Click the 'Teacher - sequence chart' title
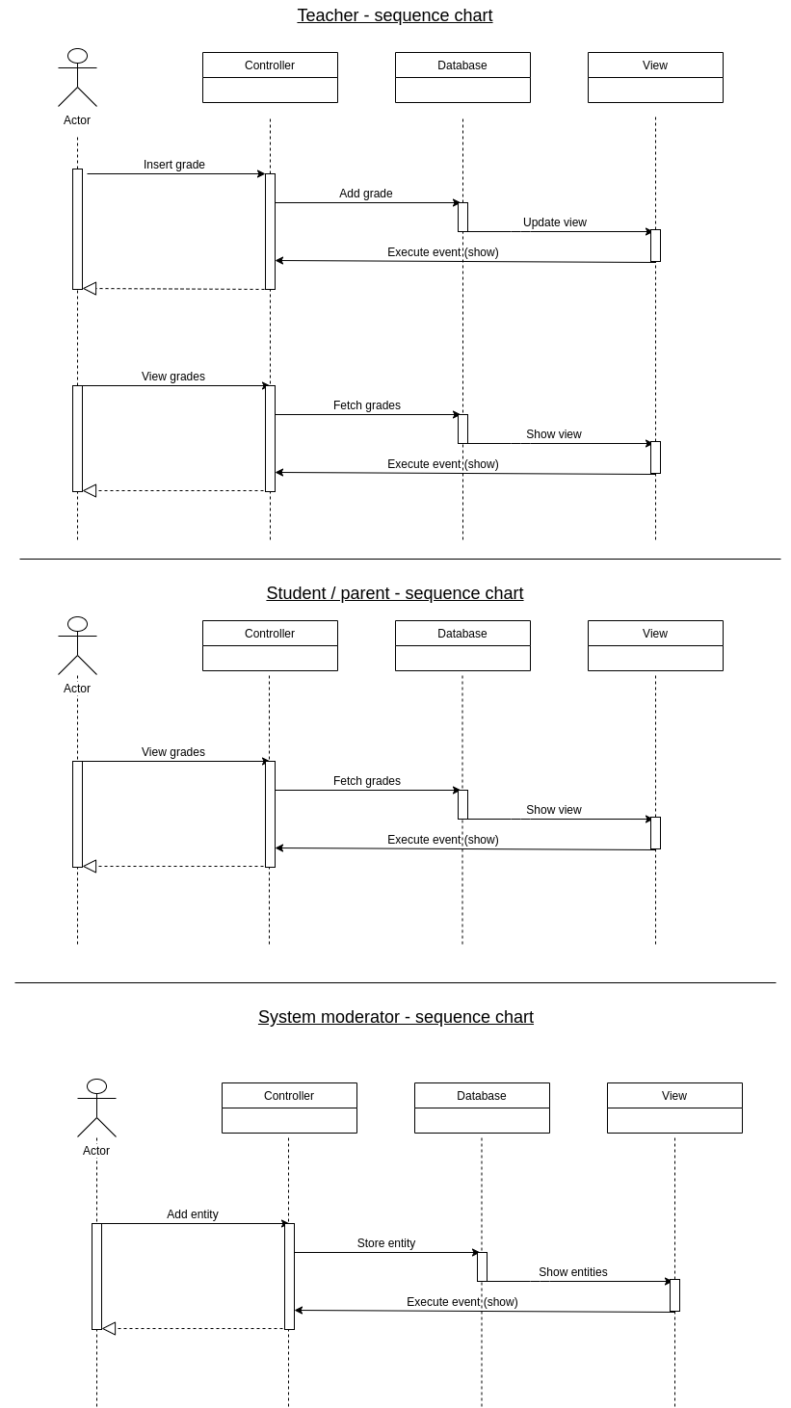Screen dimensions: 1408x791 pos(394,15)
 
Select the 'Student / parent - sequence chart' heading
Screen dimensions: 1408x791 pos(394,593)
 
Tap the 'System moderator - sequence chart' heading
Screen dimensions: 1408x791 pos(395,1017)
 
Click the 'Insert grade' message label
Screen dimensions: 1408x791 pos(174,165)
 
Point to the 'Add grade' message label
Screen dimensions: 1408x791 pos(366,194)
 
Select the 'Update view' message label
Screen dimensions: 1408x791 pos(555,222)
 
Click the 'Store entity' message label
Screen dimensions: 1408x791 pos(386,1243)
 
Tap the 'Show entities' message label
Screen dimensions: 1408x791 pos(573,1272)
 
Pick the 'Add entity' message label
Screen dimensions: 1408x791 pos(193,1214)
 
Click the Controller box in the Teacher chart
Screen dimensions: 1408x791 pos(270,77)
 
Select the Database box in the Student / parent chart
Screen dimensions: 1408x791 pos(462,645)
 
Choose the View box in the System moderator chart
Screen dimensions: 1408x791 pos(674,1108)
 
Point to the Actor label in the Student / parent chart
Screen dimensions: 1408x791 pos(77,689)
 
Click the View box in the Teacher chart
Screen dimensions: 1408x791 pos(655,77)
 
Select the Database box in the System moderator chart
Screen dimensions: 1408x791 pos(482,1108)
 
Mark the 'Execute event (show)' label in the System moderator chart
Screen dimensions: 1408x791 pos(462,1302)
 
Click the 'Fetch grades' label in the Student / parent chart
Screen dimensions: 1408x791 pos(367,781)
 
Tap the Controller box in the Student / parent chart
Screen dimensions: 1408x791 pos(270,645)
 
